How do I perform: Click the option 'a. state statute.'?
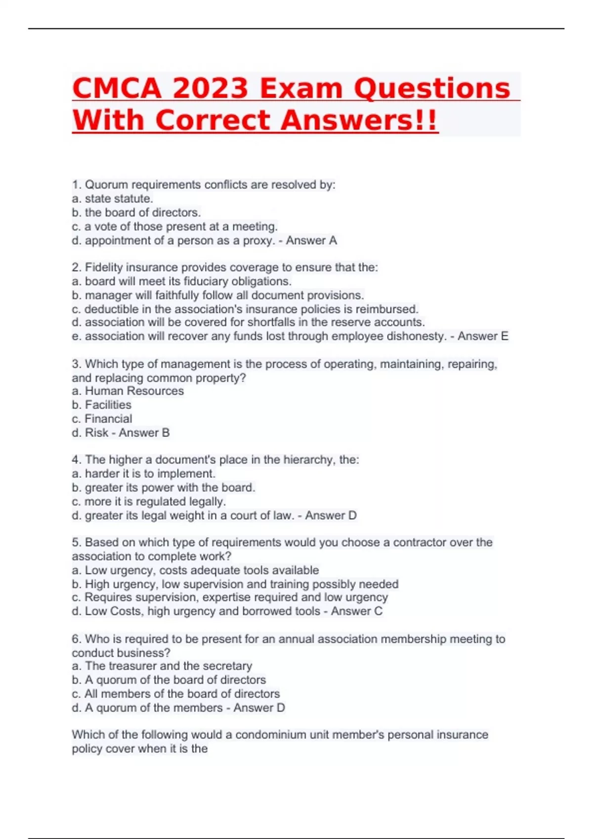pyautogui.click(x=112, y=198)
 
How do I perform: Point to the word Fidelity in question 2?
pyautogui.click(x=104, y=267)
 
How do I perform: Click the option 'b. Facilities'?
pyautogui.click(x=101, y=405)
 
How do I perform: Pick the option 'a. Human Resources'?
pyautogui.click(x=127, y=391)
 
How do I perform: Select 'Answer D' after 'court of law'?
pyautogui.click(x=331, y=515)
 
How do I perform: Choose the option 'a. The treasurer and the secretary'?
pyautogui.click(x=162, y=666)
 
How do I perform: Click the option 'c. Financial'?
pyautogui.click(x=102, y=419)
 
